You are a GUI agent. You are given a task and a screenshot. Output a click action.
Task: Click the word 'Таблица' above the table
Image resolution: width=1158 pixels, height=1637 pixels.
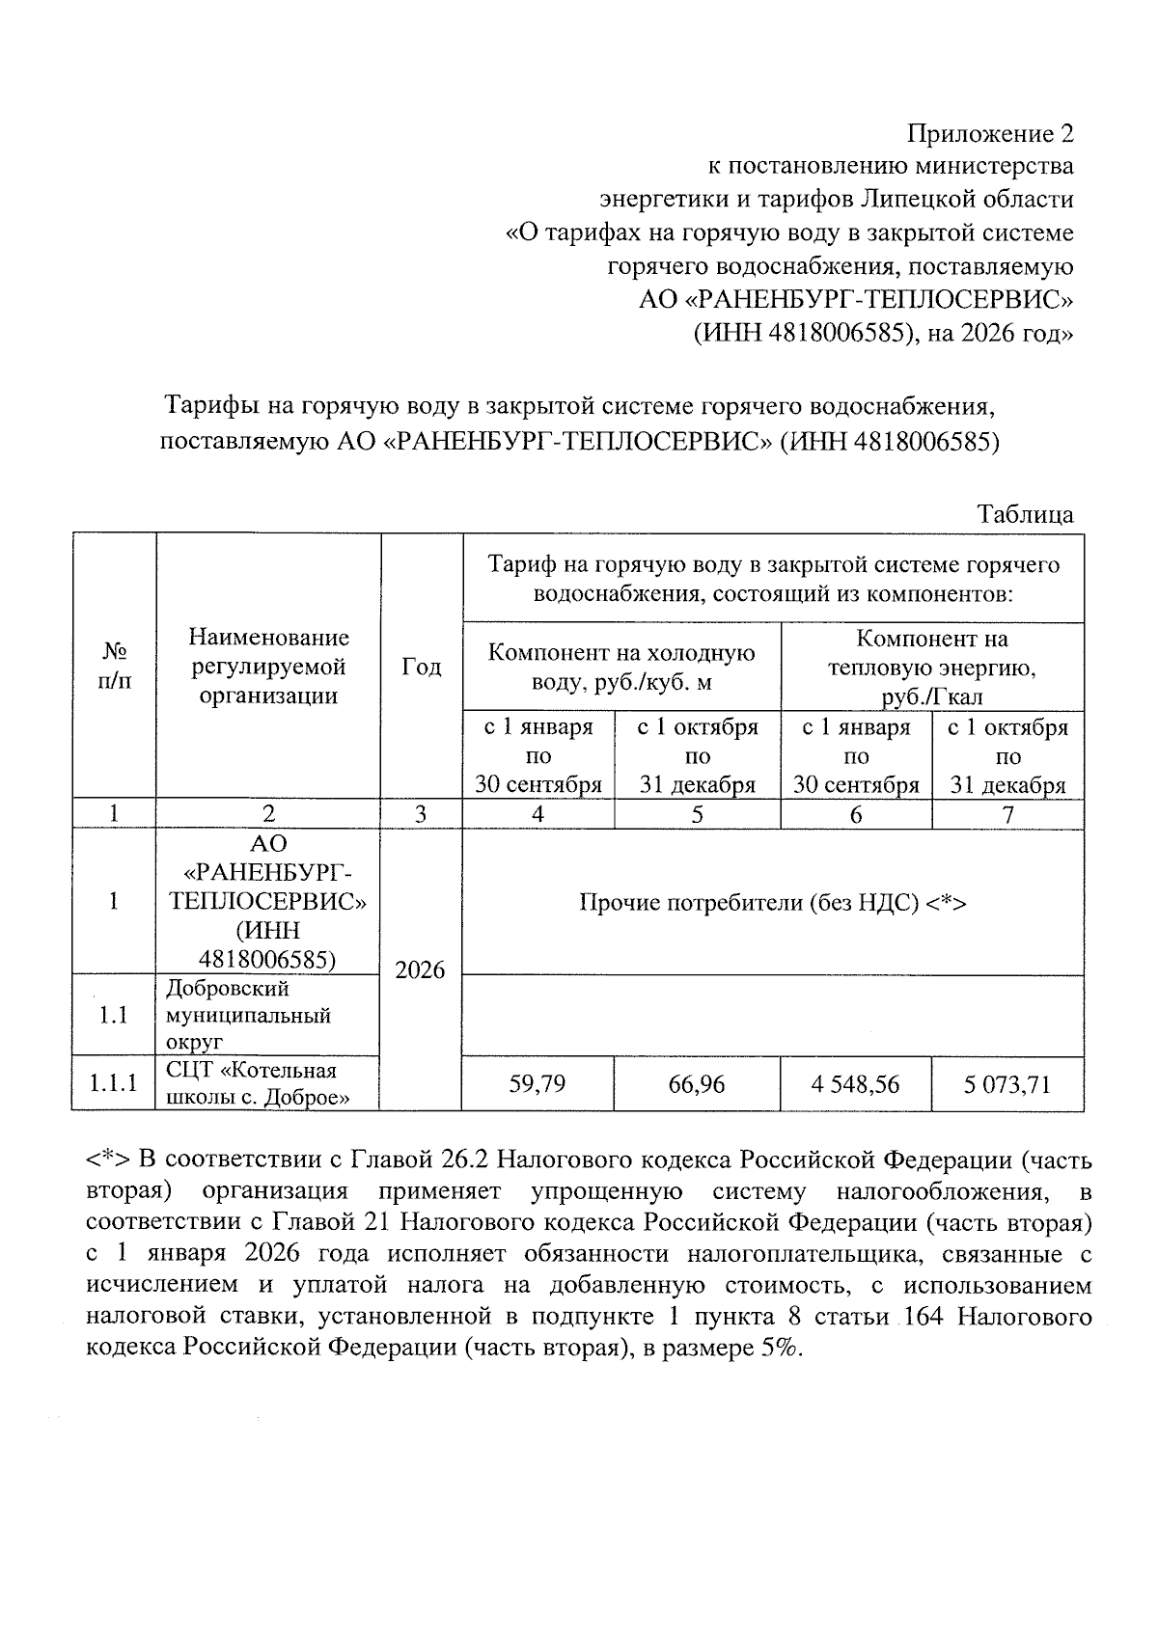point(1025,514)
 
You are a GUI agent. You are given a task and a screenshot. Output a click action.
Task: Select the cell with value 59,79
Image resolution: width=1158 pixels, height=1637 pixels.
point(538,1084)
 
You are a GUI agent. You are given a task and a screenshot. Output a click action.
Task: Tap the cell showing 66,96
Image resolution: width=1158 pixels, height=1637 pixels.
point(697,1084)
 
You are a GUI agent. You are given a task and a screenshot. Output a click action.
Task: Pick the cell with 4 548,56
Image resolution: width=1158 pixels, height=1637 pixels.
point(855,1084)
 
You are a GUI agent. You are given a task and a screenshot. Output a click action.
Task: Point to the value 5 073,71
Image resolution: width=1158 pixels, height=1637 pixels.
point(1006,1084)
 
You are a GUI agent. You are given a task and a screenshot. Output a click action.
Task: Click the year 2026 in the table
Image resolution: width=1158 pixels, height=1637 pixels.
point(421,969)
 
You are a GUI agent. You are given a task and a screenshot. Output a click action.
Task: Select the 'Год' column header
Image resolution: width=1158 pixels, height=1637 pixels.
point(421,667)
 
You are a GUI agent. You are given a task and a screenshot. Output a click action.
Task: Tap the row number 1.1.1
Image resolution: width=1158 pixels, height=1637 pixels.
point(114,1084)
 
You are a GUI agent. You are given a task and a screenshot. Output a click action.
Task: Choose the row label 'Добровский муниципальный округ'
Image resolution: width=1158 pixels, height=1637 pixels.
point(248,1015)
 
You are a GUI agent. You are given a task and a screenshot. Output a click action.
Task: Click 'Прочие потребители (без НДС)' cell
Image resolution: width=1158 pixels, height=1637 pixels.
point(772,903)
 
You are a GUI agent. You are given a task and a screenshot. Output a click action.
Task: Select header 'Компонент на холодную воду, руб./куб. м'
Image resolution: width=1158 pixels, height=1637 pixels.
point(621,667)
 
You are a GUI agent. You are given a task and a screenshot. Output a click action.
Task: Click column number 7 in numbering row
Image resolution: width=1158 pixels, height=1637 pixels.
point(1007,815)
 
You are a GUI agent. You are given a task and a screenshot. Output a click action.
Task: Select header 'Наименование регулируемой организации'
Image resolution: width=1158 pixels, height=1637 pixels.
point(268,667)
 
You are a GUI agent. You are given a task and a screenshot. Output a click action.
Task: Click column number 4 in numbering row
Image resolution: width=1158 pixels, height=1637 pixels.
point(538,815)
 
